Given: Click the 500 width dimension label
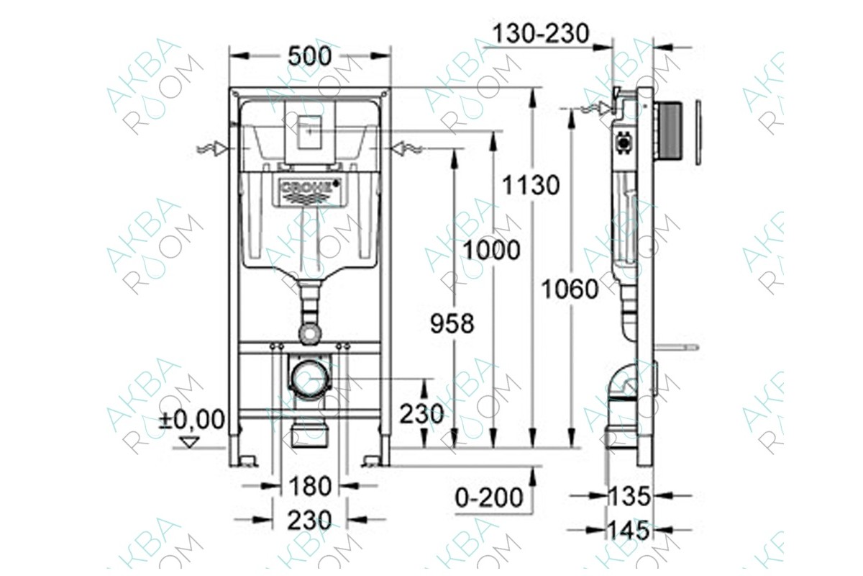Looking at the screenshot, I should pos(310,55).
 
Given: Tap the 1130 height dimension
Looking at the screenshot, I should pos(531,185).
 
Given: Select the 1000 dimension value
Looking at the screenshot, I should pos(490,250).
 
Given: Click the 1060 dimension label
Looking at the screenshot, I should pos(570,289).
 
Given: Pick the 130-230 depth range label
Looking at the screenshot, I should pos(542,33).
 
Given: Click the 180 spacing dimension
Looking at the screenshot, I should pos(310,487).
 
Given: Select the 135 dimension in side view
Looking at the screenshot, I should pos(629,495).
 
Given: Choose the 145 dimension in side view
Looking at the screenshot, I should pos(629,531).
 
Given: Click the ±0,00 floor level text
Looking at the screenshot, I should pos(191,419).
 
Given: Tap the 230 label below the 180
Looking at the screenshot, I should pos(310,520).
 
